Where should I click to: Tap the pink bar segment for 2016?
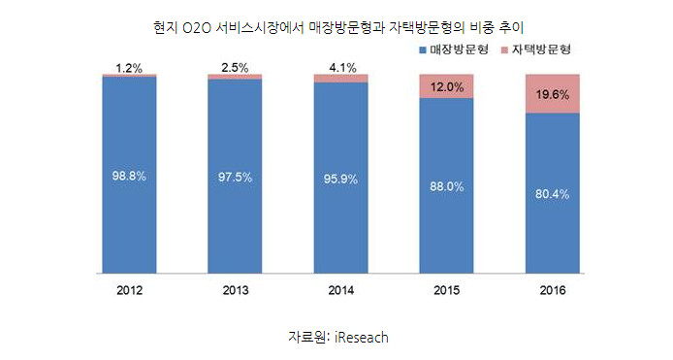pos(552,93)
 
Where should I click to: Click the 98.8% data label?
pos(129,177)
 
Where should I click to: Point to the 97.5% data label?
pos(235,177)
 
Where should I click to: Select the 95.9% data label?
pos(340,179)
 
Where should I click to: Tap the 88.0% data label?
pos(446,186)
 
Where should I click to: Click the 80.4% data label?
pos(552,194)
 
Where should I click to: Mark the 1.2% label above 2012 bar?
pos(129,68)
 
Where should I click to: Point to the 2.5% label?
pos(235,68)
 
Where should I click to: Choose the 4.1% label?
pos(340,68)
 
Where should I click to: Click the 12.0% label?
pos(446,86)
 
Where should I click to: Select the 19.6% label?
pos(552,94)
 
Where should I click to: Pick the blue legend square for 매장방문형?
pos(423,48)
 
